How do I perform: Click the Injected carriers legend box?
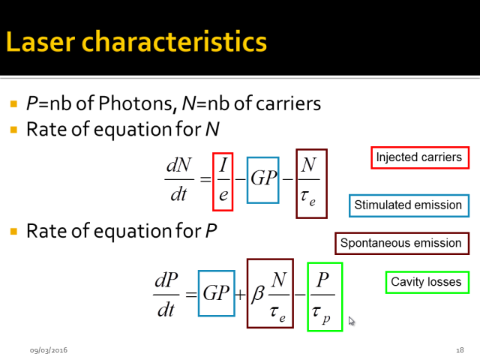tap(420, 157)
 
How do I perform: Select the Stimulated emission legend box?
tap(409, 205)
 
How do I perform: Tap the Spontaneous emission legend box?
tap(402, 243)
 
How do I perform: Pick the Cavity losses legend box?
tap(427, 282)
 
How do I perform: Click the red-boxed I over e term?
tap(223, 181)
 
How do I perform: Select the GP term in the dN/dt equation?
tap(263, 180)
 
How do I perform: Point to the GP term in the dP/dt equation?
tap(217, 293)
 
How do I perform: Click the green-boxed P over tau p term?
tap(325, 297)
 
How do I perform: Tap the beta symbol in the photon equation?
tap(257, 294)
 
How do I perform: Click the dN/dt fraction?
tap(179, 179)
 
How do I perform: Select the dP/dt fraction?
tap(166, 295)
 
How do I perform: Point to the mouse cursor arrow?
tap(352, 321)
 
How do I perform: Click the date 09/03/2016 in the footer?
tap(49, 350)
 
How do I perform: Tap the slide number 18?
tap(460, 350)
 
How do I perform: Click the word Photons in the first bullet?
tap(136, 103)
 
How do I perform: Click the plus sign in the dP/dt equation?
tap(240, 295)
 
